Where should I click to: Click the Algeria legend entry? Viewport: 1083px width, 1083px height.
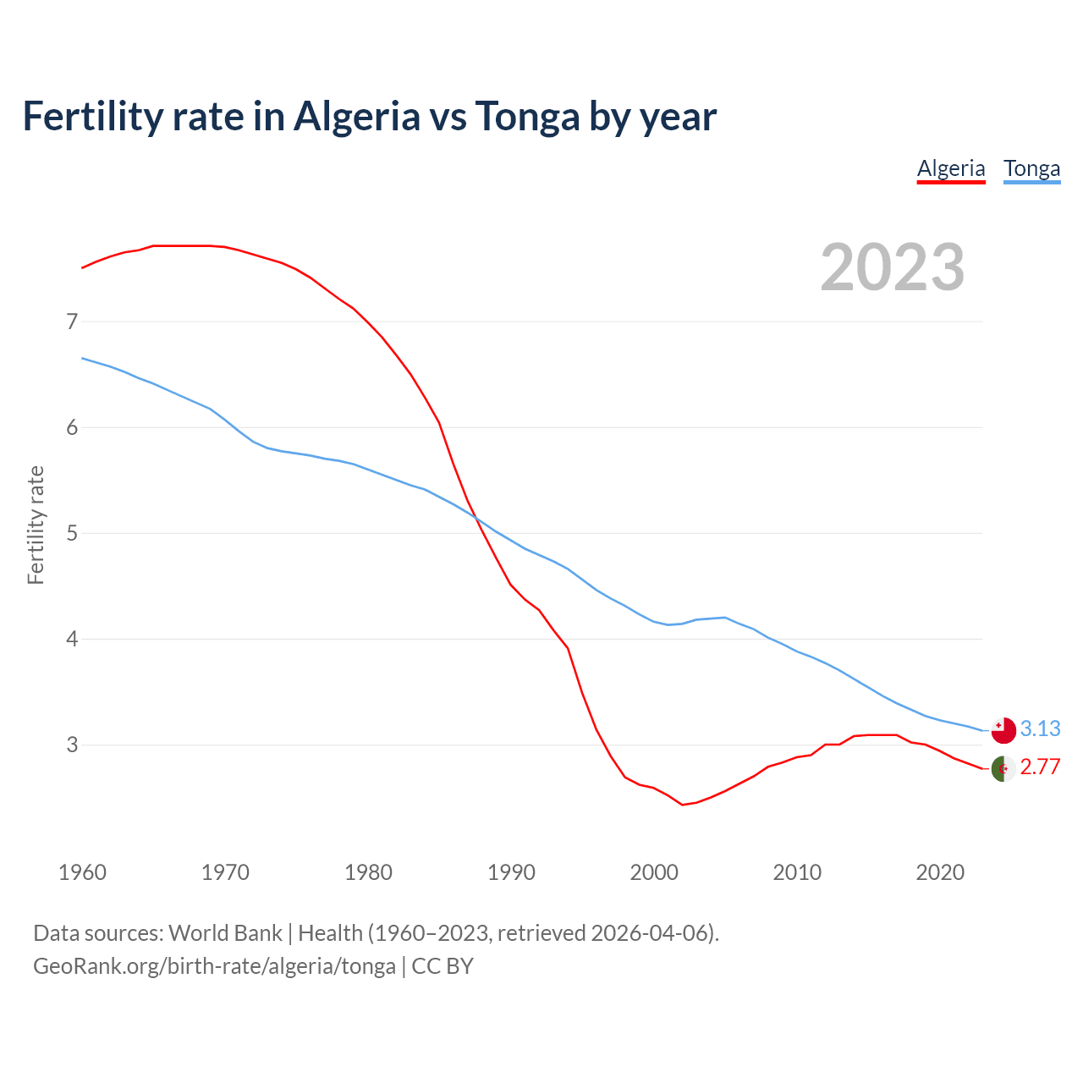point(951,168)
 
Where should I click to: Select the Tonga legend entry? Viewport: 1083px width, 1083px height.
point(1031,168)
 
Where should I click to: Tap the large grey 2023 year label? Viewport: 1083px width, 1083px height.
point(892,267)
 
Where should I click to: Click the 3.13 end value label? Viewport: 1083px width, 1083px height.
point(1040,728)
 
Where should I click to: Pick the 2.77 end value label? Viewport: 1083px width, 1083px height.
point(1040,767)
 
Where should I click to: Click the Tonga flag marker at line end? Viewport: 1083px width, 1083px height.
point(1003,729)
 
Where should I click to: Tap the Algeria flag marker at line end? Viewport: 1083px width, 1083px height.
point(1003,768)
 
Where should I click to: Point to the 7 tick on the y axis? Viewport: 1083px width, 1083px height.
point(72,322)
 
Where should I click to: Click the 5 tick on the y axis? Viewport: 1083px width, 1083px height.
point(72,533)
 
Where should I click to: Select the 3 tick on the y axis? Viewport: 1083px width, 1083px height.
point(72,745)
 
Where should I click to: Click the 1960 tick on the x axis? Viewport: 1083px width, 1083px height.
point(82,871)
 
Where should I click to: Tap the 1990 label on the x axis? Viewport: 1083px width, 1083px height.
point(511,871)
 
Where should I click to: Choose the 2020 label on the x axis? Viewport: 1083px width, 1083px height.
point(940,871)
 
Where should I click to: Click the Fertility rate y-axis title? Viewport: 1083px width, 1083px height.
point(36,525)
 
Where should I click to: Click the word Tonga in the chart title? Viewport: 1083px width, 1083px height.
point(527,116)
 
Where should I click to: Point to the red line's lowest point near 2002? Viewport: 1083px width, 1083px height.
point(683,805)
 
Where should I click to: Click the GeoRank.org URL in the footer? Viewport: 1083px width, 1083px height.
point(214,966)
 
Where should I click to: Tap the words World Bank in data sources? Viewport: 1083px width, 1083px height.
point(225,933)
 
